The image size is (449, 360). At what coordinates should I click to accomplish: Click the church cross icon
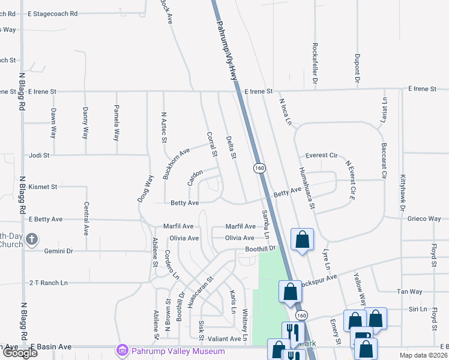[32, 239]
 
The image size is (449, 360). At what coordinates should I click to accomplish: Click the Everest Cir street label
[321, 155]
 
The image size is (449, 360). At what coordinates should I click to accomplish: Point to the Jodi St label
[39, 155]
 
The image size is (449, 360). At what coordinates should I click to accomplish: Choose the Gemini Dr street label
[58, 251]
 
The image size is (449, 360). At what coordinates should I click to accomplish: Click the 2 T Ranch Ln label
[49, 283]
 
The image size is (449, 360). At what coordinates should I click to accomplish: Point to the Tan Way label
[410, 292]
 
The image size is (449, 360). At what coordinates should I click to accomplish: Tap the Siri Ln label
[417, 310]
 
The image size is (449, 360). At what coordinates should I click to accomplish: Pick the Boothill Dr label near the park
[259, 248]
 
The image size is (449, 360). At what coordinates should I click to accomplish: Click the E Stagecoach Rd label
[53, 13]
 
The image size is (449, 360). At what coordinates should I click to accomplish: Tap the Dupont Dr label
[357, 68]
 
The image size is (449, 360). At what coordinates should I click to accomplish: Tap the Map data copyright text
[423, 355]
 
